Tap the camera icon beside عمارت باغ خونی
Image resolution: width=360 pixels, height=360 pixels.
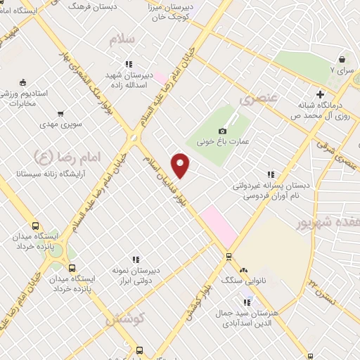223,131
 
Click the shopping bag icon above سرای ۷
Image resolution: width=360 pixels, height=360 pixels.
342,59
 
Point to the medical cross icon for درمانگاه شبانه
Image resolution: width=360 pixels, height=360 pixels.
320,94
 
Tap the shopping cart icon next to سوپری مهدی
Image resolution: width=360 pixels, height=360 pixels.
61,113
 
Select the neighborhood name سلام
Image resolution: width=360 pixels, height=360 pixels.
121,39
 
